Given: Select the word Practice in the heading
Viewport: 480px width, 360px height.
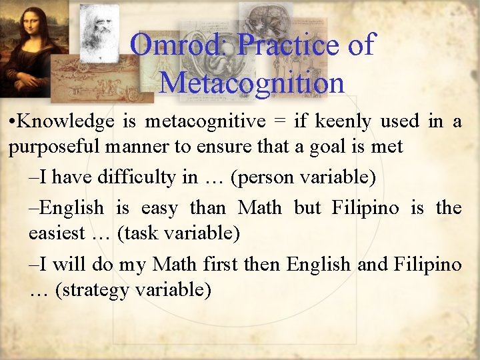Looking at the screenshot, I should coord(288,45).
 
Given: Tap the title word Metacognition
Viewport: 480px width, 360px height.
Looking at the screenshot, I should coord(252,83).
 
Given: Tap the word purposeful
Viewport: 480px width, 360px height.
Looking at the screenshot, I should coord(51,146).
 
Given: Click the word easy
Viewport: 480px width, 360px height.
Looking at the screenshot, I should coord(159,208).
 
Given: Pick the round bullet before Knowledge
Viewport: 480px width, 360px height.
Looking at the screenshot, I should coord(13,122).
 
